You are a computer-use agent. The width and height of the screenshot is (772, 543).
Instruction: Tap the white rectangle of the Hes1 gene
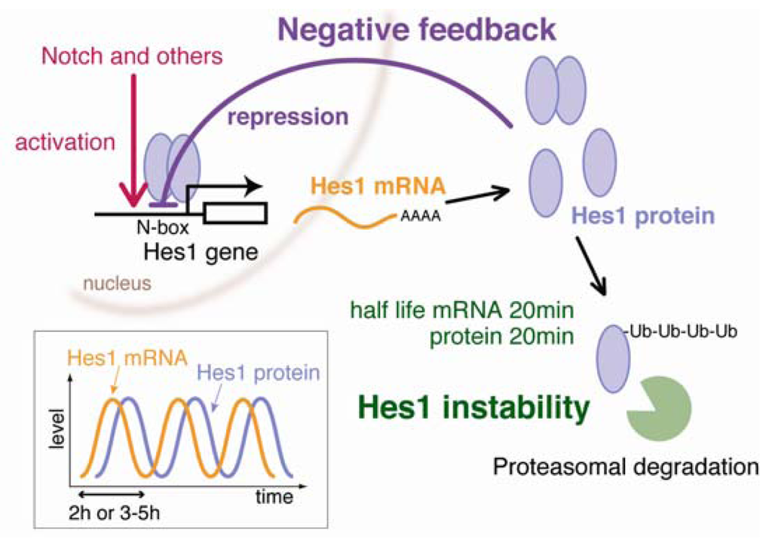(237, 214)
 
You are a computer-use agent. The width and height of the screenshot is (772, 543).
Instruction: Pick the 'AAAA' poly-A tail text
(419, 219)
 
